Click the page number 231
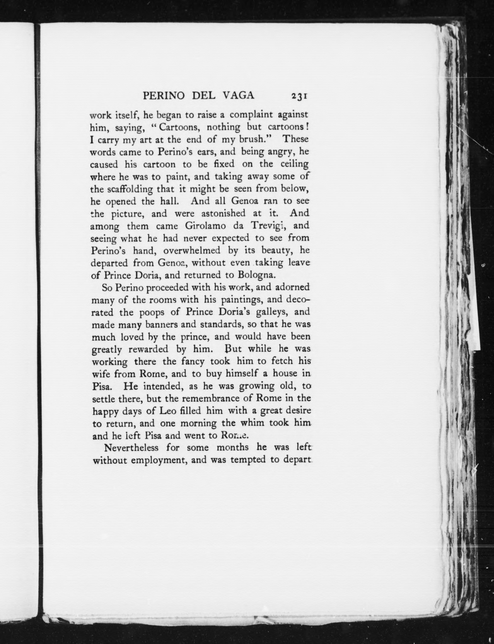click(x=299, y=96)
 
